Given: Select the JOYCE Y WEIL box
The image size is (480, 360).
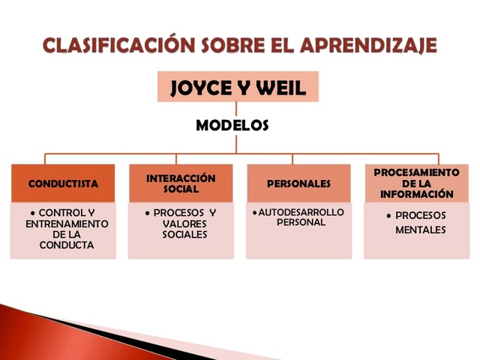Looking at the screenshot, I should (238, 87).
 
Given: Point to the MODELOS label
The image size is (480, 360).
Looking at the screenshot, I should (232, 126).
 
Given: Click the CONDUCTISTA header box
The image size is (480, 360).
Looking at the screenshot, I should (63, 184).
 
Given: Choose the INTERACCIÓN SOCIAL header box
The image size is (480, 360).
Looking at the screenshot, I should (180, 184).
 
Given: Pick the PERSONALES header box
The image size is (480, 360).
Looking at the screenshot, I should (298, 184).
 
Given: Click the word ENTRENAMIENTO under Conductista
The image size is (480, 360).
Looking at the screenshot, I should (67, 223).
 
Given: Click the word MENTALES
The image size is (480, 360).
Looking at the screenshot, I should (421, 229).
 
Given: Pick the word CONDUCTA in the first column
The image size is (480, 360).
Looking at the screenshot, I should (67, 244).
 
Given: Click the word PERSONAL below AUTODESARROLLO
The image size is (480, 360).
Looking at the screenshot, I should (300, 223).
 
